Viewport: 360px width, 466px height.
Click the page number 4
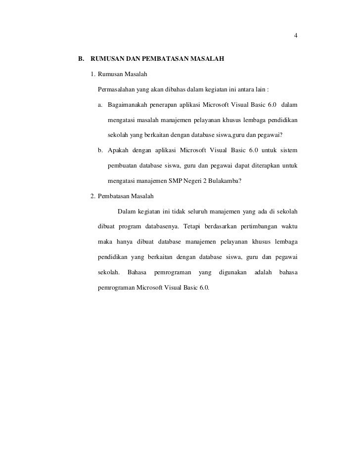295,36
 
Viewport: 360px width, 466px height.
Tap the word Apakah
118,150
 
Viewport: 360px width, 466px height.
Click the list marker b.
100,150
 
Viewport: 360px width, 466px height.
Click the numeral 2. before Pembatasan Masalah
93,196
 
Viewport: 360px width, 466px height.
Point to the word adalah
263,272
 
